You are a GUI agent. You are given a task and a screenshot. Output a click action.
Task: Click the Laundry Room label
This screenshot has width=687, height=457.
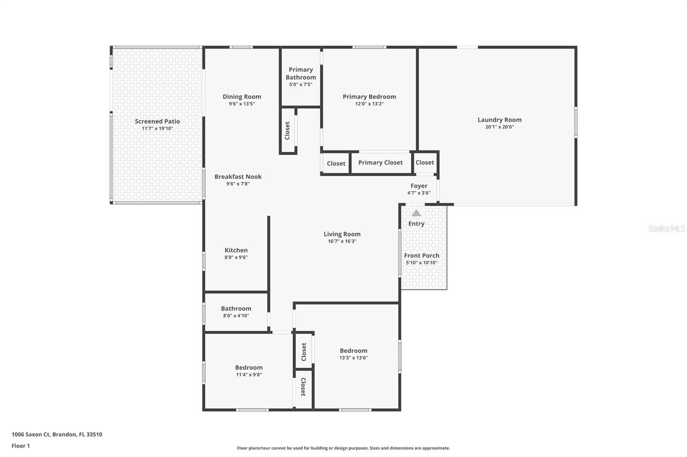499,120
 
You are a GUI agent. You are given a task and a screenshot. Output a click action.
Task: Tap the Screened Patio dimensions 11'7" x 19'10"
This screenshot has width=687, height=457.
157,129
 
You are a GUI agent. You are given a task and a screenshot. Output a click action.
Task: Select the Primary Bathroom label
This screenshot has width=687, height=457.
301,73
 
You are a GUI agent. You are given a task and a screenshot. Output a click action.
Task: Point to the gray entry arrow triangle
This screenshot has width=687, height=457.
416,213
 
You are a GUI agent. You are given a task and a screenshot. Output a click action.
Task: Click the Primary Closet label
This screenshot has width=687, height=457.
380,162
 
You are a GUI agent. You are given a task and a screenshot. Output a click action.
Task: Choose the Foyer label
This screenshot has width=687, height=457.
419,186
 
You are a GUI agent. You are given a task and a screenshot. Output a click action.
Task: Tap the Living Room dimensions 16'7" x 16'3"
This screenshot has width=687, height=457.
342,241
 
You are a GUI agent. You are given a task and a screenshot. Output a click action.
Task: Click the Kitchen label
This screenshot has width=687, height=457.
236,250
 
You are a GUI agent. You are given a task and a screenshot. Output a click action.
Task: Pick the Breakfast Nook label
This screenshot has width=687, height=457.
238,177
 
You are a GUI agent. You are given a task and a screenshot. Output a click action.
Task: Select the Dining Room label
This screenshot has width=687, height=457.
242,97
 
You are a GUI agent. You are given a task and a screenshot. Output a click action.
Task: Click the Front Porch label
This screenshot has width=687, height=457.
421,256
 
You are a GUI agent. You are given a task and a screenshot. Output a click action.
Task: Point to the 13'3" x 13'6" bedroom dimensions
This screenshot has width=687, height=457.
353,358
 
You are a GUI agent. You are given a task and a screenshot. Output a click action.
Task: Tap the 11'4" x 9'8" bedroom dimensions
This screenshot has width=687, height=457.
249,375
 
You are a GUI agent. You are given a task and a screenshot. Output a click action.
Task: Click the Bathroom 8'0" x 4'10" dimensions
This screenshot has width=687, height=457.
236,316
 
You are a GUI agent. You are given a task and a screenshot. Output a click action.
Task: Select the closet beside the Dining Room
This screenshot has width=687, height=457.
288,130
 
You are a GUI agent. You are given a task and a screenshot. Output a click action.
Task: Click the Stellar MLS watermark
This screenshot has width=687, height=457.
666,228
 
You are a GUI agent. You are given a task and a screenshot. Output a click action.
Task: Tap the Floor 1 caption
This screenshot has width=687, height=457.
21,446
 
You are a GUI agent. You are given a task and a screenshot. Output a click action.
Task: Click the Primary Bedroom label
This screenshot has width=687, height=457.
369,97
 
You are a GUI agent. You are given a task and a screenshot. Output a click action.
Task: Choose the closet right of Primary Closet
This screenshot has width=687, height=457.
425,162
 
